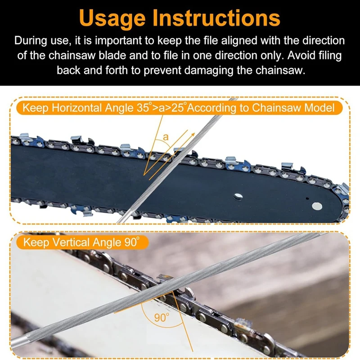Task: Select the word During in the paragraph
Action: click(31, 40)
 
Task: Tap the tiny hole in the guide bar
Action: click(306, 198)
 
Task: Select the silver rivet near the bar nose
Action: click(318, 206)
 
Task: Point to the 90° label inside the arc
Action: click(161, 317)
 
